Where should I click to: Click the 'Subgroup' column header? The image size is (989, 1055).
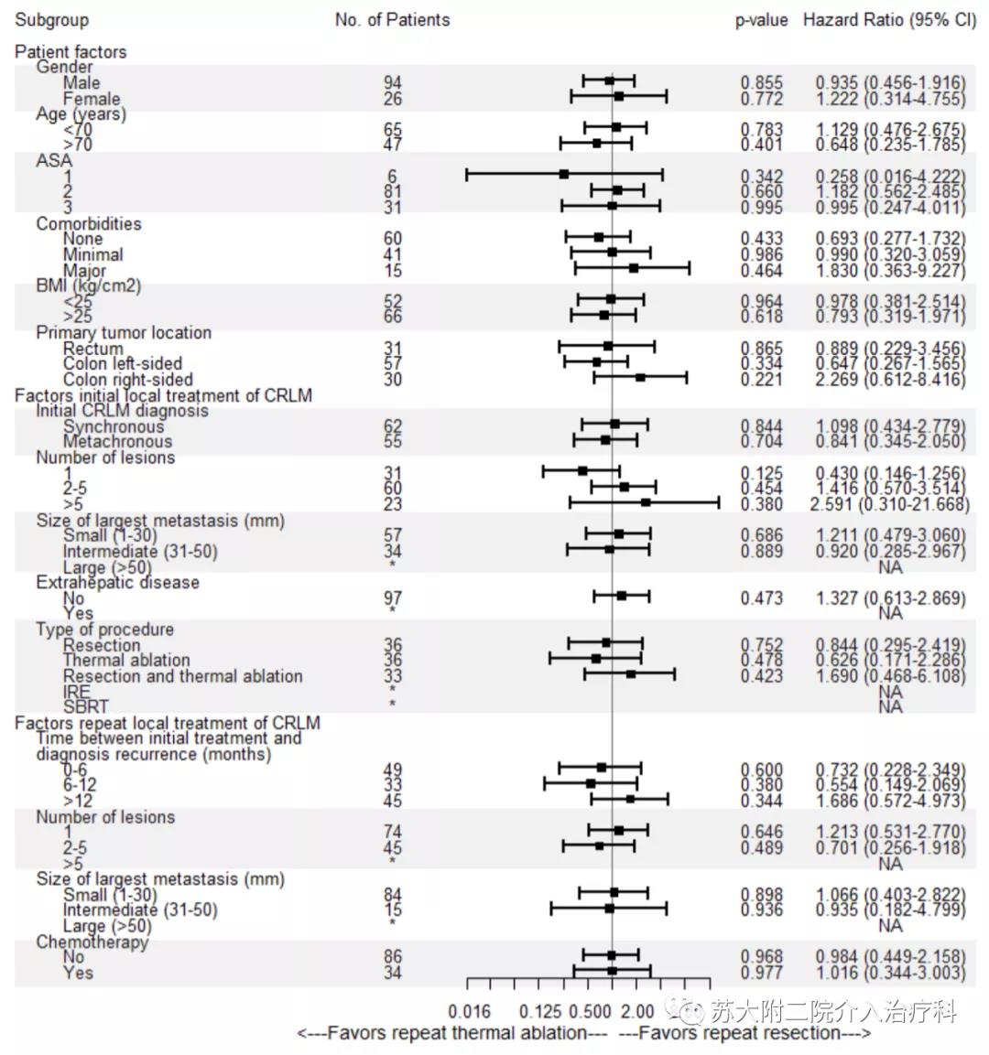[52, 20]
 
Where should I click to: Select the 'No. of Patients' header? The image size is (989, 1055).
[392, 20]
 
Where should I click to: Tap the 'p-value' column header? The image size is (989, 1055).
[761, 20]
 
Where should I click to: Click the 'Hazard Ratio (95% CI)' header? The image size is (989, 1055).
[889, 20]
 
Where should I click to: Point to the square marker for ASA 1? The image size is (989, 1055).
[564, 174]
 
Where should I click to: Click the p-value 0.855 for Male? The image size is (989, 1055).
[762, 83]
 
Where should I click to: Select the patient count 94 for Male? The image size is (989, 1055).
[392, 83]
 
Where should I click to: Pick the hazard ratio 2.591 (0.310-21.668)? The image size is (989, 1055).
[890, 504]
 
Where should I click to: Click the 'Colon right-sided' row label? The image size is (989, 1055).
[127, 379]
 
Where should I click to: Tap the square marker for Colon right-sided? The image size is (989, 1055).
[640, 377]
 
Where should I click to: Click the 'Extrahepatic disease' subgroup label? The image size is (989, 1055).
[117, 582]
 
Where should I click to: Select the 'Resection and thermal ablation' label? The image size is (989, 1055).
[182, 676]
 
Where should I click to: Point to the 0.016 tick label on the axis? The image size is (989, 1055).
[469, 1012]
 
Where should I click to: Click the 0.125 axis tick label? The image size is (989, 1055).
[539, 1012]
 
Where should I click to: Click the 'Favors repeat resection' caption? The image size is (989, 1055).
[744, 1033]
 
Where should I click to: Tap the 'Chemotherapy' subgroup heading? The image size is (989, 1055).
[92, 942]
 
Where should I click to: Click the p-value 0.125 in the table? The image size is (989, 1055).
[762, 474]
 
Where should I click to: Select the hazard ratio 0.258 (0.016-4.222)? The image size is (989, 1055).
[890, 177]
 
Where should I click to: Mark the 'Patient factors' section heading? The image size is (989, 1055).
[71, 52]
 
